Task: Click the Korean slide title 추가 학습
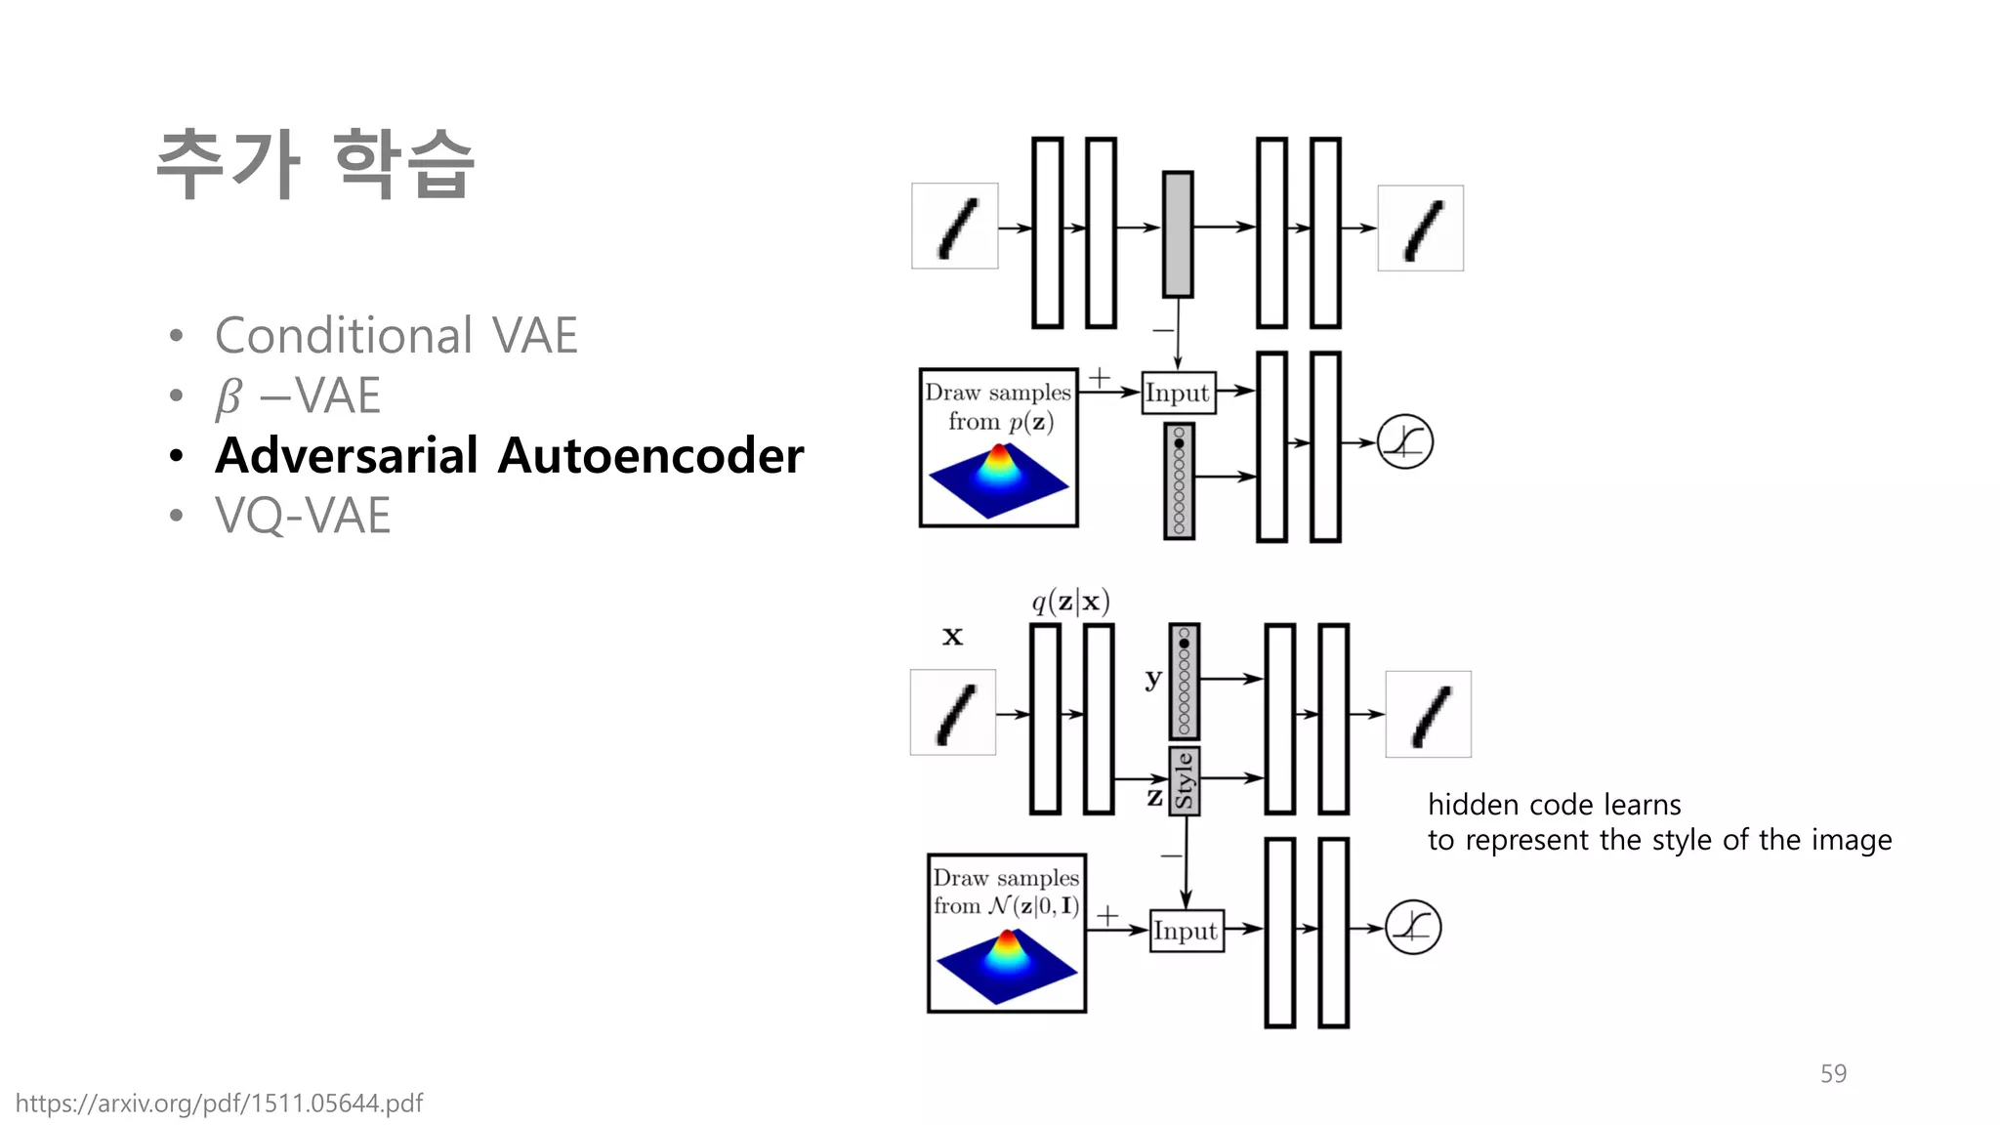314,164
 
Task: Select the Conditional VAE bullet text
396,336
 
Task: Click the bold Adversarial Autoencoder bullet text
509,456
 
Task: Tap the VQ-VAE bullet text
303,516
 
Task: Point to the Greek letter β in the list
229,396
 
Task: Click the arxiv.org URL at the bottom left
219,1104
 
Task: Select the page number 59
1833,1074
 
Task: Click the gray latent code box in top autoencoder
1178,234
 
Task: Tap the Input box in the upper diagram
1178,393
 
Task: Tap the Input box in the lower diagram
1186,931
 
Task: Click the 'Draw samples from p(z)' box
998,447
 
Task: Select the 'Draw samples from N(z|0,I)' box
1006,933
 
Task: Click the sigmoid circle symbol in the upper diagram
1404,442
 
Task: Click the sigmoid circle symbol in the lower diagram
1413,928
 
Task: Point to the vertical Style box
1185,781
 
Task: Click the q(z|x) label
1070,602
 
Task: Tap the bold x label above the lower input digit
952,637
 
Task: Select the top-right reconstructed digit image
1420,229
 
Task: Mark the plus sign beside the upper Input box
1100,378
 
